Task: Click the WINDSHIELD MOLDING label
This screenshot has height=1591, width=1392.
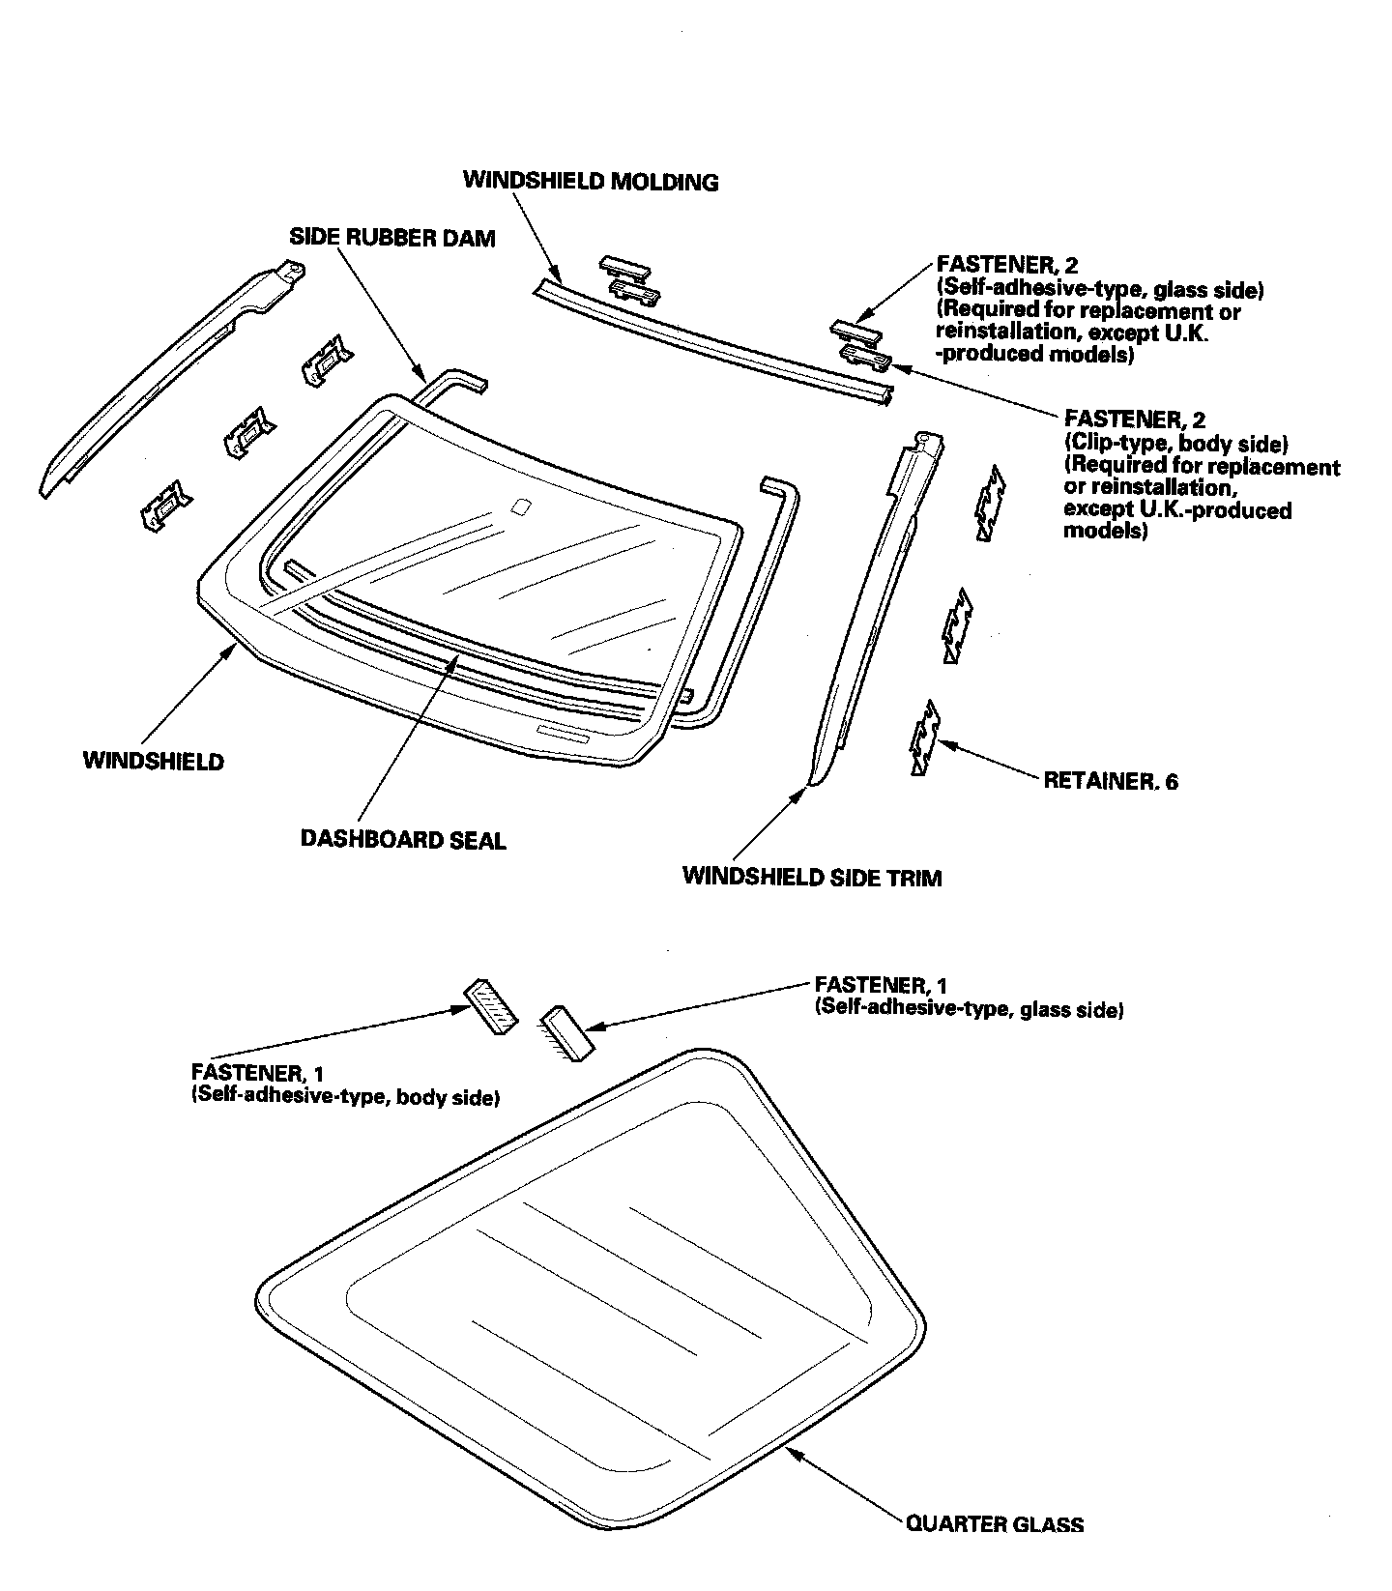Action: pos(591,181)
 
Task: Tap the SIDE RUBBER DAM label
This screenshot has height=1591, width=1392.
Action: pos(392,238)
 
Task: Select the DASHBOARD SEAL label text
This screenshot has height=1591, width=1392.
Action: pos(403,840)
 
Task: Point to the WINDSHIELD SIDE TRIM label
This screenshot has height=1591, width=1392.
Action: pos(811,877)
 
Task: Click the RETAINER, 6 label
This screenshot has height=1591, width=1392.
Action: pos(1111,781)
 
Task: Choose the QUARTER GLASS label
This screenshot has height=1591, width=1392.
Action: pos(994,1524)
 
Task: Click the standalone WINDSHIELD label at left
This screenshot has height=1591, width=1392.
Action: pos(153,761)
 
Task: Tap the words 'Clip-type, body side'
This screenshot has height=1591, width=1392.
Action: pos(1175,444)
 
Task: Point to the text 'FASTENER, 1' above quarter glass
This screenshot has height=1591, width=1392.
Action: pos(881,985)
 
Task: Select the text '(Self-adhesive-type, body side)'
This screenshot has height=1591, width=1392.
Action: pos(345,1097)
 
